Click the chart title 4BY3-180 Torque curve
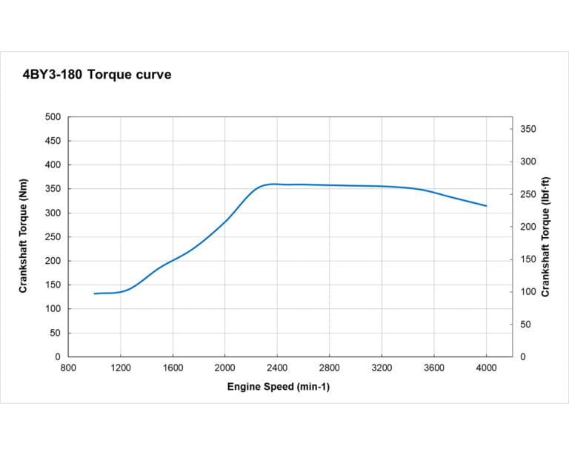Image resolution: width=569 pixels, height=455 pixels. click(97, 75)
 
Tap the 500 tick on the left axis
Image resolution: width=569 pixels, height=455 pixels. click(53, 117)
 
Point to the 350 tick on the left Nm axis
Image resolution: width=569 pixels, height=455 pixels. click(53, 189)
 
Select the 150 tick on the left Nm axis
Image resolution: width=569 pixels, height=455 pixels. click(53, 285)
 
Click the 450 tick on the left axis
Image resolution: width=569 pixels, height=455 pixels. click(53, 141)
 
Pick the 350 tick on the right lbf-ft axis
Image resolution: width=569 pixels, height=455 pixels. click(527, 129)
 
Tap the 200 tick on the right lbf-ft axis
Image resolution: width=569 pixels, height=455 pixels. click(527, 227)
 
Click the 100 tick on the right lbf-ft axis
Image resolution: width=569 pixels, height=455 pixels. click(527, 292)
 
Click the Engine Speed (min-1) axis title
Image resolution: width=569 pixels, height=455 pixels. click(278, 387)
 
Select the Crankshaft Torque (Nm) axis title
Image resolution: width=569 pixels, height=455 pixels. click(23, 237)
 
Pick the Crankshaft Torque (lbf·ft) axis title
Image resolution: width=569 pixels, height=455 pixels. click(545, 237)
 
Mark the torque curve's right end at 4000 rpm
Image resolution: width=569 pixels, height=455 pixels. click(486, 206)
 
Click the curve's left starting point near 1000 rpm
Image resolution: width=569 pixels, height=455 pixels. click(95, 293)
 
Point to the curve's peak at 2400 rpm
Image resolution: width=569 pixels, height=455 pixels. click(276, 184)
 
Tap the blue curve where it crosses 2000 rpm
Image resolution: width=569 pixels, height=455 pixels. click(224, 221)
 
